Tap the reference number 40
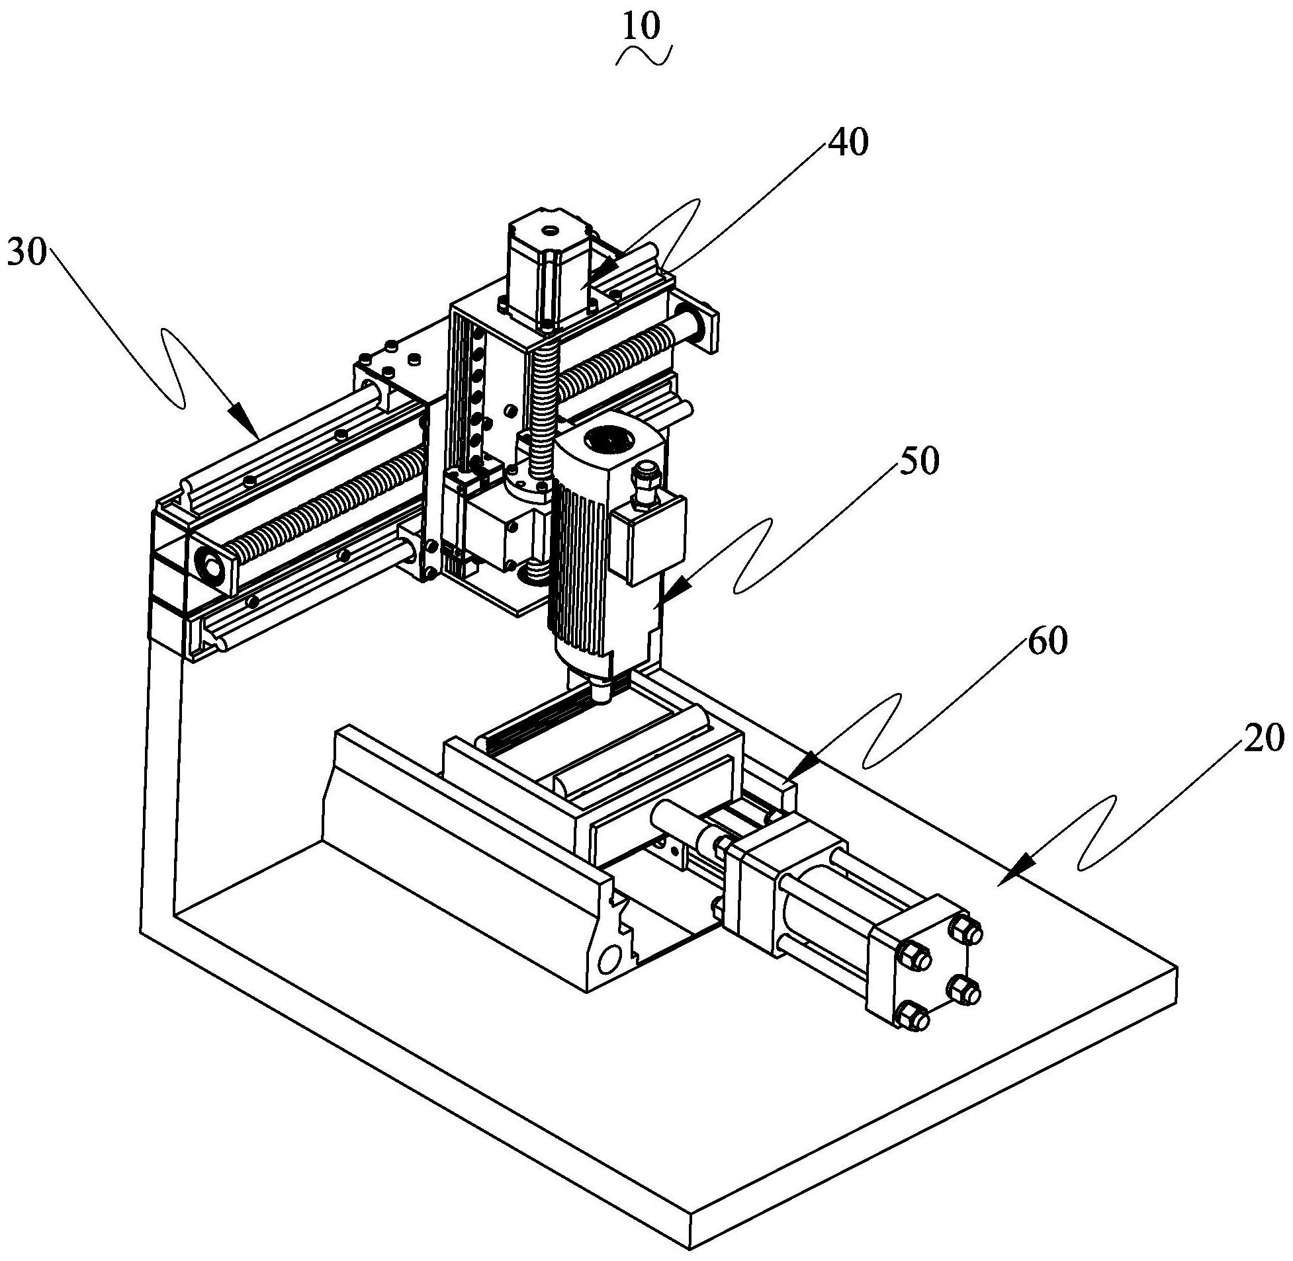click(x=847, y=142)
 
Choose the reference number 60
click(x=1047, y=641)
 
